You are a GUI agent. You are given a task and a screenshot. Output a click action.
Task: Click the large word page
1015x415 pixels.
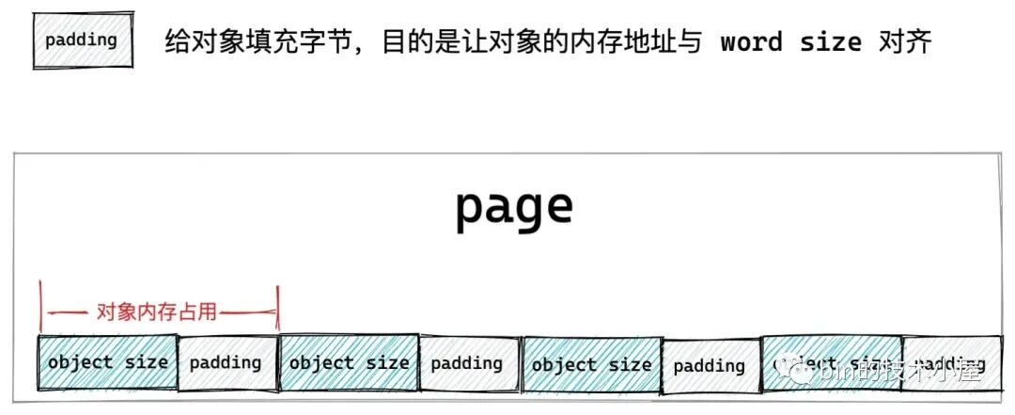pos(513,207)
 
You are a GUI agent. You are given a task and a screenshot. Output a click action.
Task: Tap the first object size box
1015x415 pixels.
pos(107,362)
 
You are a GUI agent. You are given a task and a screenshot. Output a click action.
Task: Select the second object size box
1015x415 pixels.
pos(349,362)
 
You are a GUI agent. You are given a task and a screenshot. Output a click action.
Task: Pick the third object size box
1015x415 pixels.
pos(591,364)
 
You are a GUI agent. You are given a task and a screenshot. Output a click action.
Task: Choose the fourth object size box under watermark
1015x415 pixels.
pos(831,364)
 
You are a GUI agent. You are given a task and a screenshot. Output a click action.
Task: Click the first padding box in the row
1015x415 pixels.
pos(226,362)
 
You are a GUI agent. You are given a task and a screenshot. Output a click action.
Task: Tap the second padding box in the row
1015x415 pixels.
pos(467,363)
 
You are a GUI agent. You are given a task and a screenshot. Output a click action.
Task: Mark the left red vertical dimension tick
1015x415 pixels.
pos(41,306)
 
